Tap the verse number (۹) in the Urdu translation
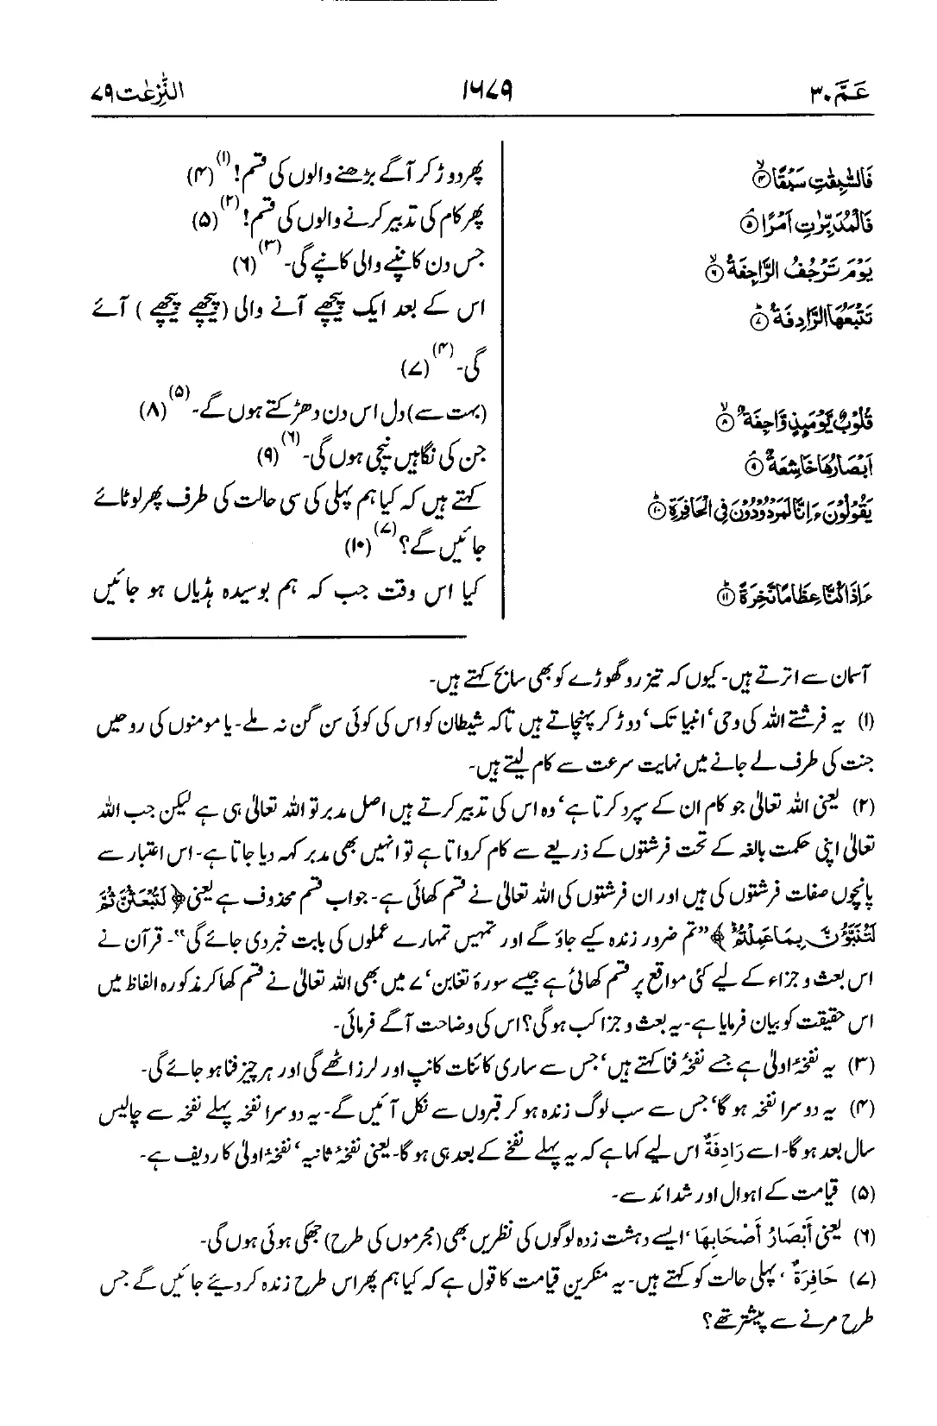270,455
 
